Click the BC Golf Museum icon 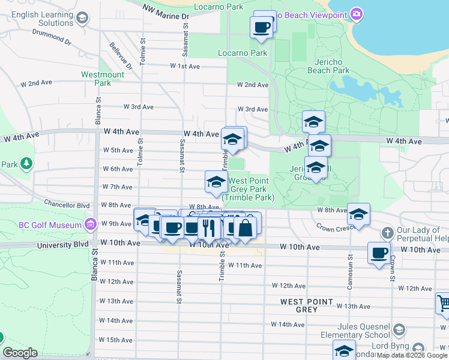coord(90,225)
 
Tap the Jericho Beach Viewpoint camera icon coord(357,14)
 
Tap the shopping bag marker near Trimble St coord(246,227)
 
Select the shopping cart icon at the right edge coord(443,303)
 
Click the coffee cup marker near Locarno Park coord(261,27)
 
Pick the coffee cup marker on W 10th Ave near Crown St coord(379,253)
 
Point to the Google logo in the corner coord(20,353)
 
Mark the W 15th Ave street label coord(115,340)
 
